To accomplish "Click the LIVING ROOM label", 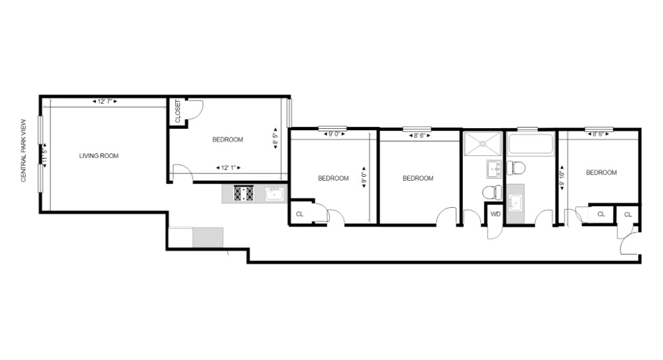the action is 99,156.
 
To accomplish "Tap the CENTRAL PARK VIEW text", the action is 24,150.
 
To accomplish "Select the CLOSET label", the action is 177,111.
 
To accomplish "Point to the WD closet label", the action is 495,214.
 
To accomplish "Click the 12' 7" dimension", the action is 105,102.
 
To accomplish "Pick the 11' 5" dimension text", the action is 44,155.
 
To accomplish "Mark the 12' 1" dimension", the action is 229,168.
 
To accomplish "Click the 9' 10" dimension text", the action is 562,178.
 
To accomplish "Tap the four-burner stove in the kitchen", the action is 244,194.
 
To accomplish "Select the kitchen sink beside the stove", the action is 275,194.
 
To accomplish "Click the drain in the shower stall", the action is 482,144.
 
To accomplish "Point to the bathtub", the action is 531,144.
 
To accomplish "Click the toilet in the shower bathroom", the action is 492,193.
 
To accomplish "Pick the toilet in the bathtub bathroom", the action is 516,168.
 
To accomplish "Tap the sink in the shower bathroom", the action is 494,170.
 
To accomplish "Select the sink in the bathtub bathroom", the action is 515,203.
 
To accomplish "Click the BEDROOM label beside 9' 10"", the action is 601,173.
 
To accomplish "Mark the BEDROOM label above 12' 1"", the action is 227,140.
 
